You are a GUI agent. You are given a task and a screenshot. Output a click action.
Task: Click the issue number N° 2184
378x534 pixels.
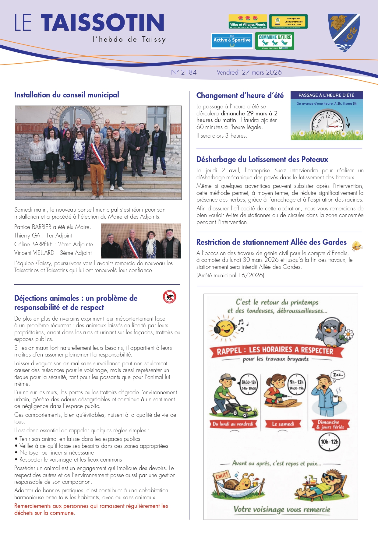click(x=184, y=72)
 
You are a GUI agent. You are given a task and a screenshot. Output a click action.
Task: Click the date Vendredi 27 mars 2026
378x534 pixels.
click(x=249, y=72)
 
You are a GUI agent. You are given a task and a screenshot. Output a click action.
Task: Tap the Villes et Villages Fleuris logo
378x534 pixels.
click(x=248, y=21)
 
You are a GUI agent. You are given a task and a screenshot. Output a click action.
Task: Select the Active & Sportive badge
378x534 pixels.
click(x=232, y=41)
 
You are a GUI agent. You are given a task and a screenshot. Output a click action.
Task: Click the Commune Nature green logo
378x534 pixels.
click(x=275, y=41)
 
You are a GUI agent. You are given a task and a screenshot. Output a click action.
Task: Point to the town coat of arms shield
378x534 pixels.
click(x=344, y=32)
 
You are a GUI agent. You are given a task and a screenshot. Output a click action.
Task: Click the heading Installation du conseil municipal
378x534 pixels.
click(x=67, y=95)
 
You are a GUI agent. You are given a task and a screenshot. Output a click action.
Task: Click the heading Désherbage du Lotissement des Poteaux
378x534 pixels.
click(x=262, y=160)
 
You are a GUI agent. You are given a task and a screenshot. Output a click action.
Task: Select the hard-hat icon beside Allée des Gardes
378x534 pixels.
click(x=357, y=245)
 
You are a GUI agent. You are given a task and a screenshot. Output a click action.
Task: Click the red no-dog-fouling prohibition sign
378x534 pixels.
click(x=170, y=297)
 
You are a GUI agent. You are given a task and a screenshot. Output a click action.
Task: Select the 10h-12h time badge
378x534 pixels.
click(x=329, y=442)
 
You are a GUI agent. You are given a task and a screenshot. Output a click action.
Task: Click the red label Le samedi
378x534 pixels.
click(x=283, y=424)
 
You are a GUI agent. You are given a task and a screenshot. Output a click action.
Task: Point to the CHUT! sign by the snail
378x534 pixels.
click(x=222, y=476)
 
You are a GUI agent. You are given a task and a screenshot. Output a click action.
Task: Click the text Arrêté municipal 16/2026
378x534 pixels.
click(x=230, y=276)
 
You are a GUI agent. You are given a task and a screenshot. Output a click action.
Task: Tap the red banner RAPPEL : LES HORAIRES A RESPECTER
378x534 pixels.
click(x=275, y=351)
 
